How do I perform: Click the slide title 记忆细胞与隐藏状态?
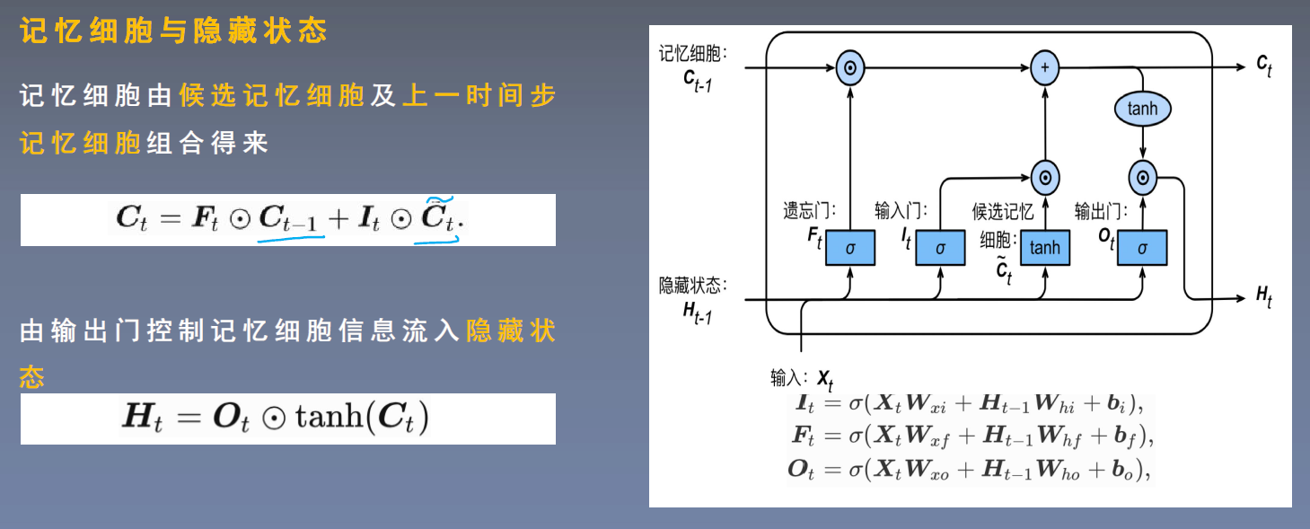point(172,32)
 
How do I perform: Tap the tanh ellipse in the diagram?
point(1142,110)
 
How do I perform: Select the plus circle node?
point(1044,67)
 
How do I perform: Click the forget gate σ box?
point(849,247)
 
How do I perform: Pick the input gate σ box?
point(939,247)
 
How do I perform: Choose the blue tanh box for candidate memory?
point(1044,247)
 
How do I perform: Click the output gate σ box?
point(1142,247)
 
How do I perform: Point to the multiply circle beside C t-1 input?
point(849,67)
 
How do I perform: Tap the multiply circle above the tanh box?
point(1044,178)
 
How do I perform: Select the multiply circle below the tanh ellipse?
point(1142,178)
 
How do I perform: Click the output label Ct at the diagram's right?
point(1263,65)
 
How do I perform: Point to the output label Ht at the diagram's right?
point(1263,297)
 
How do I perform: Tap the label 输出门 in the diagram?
point(1100,212)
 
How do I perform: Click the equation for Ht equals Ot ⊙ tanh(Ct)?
point(275,419)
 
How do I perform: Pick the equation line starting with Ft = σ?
point(970,436)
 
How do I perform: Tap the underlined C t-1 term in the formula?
point(291,219)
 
